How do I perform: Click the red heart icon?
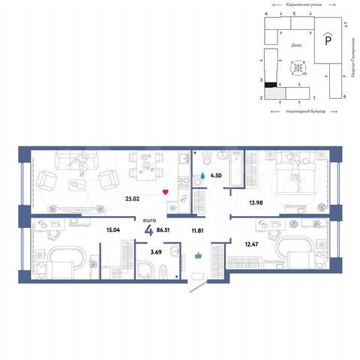click(164, 192)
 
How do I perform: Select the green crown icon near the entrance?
click(199, 254)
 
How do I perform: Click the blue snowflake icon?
click(172, 208)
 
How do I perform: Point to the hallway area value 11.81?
click(198, 231)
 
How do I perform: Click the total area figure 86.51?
click(164, 231)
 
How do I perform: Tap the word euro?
click(148, 219)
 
